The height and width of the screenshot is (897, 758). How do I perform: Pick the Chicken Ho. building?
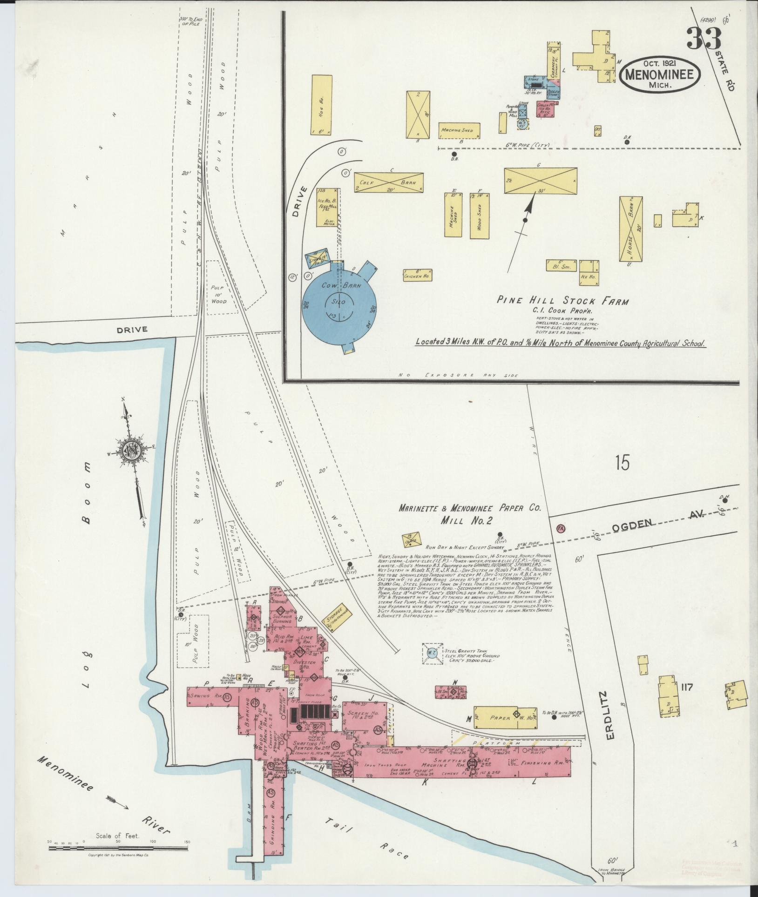point(415,275)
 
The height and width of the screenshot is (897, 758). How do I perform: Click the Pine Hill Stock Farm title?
point(562,301)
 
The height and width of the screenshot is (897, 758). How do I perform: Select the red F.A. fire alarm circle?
point(561,528)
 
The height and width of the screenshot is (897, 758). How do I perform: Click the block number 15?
point(622,463)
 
